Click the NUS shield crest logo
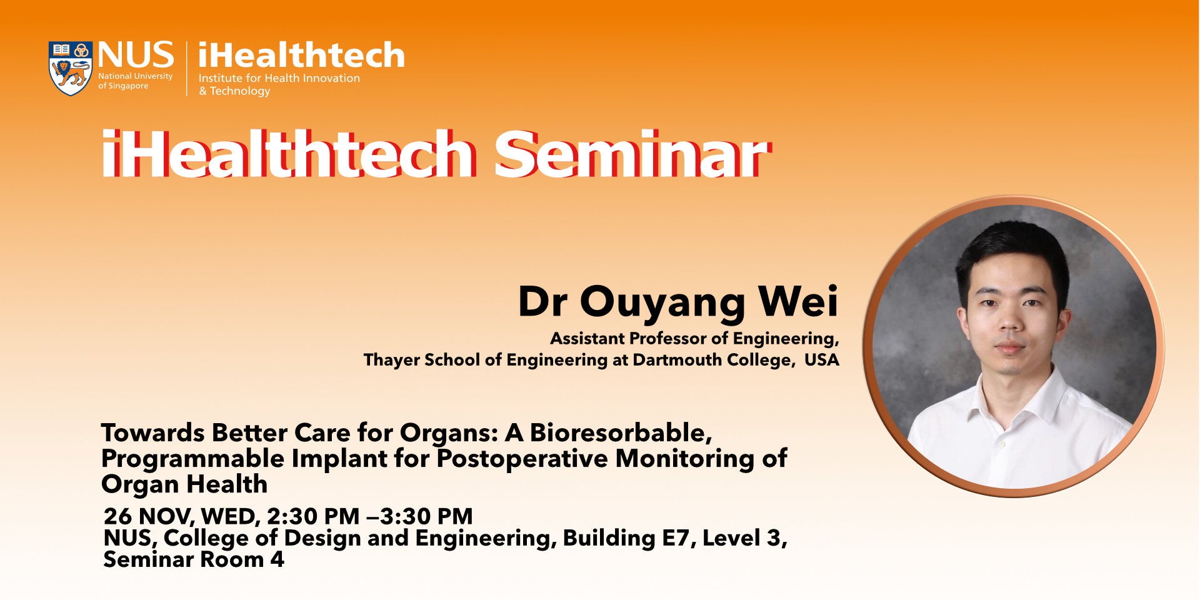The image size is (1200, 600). [71, 68]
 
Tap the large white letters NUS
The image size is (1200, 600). [136, 55]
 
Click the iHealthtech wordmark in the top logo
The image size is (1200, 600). [301, 55]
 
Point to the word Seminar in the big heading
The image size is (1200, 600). [631, 154]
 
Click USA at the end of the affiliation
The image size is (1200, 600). [821, 360]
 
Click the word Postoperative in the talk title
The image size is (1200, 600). [522, 459]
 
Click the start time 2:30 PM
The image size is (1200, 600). [313, 516]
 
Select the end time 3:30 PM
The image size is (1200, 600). [426, 516]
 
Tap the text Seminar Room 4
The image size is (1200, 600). [194, 559]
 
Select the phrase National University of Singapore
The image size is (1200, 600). [135, 81]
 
